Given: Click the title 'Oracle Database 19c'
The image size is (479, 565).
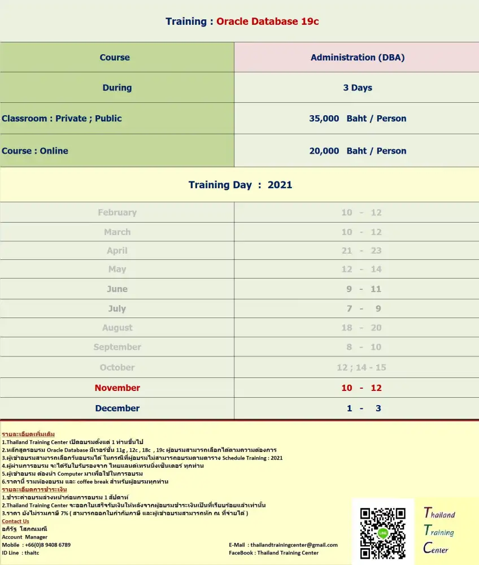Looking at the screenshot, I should click(268, 21).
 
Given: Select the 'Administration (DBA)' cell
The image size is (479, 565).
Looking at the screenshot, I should click(358, 57).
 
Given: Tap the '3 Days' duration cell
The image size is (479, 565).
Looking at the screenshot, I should click(358, 88).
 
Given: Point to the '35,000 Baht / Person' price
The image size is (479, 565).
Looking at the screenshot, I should click(358, 119).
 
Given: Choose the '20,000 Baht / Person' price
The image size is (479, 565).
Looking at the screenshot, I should click(358, 151).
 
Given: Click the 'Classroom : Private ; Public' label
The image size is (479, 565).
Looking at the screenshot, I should click(62, 119).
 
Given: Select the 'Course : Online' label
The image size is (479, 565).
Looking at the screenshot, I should click(35, 151).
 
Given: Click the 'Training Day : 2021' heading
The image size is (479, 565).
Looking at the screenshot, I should click(240, 185).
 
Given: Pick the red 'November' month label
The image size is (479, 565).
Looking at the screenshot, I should click(117, 388).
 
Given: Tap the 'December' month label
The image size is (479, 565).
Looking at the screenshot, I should click(117, 408).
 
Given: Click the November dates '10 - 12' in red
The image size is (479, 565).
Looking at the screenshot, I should click(362, 388).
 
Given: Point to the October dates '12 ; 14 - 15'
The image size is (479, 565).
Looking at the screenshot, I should click(362, 367).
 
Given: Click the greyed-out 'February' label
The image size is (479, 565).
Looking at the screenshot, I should click(117, 212).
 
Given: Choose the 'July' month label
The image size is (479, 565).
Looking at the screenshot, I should click(117, 308).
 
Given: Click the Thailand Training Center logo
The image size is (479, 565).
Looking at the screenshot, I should click(439, 531).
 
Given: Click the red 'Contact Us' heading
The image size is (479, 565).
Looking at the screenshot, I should click(15, 521).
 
